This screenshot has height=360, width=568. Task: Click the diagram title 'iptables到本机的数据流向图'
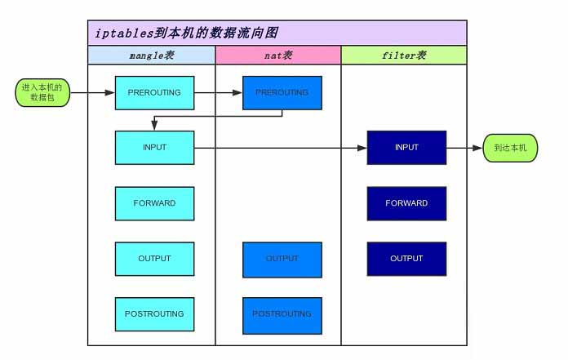186,33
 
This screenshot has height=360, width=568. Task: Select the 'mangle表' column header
152,56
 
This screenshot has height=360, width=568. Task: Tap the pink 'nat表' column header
278,56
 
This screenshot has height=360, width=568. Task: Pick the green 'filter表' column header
404,56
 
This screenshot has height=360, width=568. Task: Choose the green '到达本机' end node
510,148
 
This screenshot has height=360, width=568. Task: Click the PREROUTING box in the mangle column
154,93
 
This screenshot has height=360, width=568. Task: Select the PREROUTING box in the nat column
282,93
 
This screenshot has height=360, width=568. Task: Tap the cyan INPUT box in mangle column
154,148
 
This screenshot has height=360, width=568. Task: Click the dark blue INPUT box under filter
406,148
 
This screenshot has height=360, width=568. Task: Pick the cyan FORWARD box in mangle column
154,203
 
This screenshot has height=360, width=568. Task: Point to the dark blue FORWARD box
406,203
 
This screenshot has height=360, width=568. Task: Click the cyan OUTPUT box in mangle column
154,259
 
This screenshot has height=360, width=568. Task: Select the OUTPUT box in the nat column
282,259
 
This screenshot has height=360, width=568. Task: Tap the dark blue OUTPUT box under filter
406,259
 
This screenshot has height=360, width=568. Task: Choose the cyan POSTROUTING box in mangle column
154,314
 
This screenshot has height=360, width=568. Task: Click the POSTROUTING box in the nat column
282,314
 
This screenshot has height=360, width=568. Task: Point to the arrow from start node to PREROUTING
92,93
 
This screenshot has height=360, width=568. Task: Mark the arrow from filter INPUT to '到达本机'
464,148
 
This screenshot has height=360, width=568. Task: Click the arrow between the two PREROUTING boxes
218,93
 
